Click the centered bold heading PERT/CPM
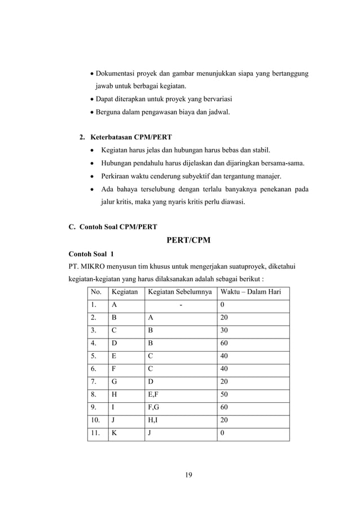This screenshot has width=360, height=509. pos(188,240)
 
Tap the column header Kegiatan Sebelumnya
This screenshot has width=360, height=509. pos(180,292)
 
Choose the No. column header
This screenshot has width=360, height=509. pos(96,292)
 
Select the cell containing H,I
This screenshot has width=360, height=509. pos(154,420)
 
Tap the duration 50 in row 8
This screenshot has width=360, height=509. pos(225,394)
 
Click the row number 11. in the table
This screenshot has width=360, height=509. pos(97,433)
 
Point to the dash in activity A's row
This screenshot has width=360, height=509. pos(181,305)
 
